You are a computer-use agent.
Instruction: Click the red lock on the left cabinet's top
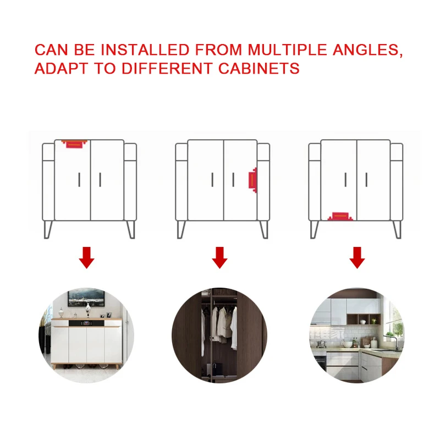[74, 144]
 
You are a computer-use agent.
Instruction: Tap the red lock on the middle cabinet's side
[252, 180]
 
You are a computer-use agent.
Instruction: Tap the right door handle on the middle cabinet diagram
[233, 179]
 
